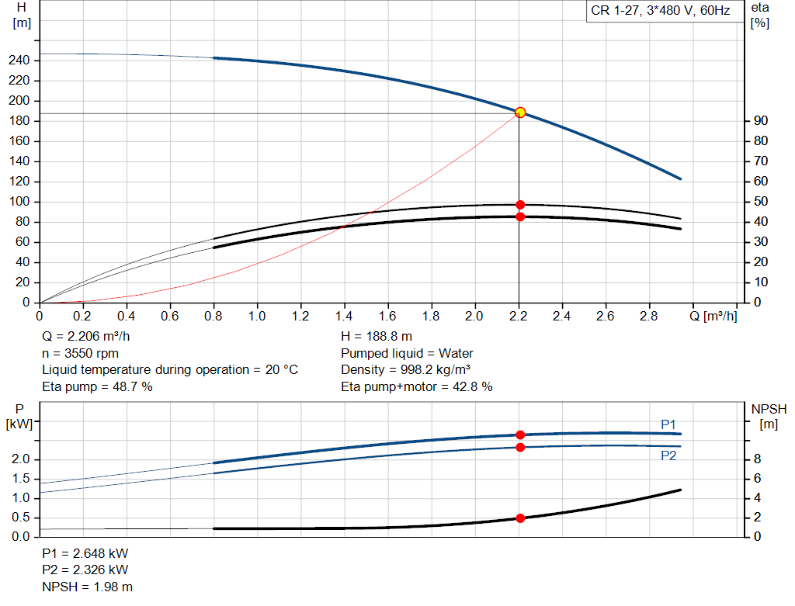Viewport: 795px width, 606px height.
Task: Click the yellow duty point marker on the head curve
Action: click(520, 113)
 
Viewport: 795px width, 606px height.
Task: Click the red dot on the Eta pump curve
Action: click(520, 205)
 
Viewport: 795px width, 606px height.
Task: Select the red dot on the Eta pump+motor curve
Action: click(520, 216)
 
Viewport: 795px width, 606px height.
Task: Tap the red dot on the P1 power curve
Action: click(520, 435)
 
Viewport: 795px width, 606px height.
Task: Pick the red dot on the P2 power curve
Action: click(520, 447)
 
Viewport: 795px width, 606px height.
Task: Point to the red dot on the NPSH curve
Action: click(520, 518)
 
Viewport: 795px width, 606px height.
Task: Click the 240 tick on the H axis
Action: click(20, 61)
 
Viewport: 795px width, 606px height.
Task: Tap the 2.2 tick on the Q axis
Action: click(519, 317)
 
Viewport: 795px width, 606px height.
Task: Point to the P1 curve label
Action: click(668, 424)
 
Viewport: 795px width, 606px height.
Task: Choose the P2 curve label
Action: click(668, 456)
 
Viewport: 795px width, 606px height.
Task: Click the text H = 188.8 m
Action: click(377, 337)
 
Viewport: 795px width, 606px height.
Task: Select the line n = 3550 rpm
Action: click(80, 353)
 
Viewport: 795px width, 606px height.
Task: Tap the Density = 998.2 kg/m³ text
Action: click(406, 370)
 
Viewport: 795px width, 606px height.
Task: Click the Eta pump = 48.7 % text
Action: click(97, 386)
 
